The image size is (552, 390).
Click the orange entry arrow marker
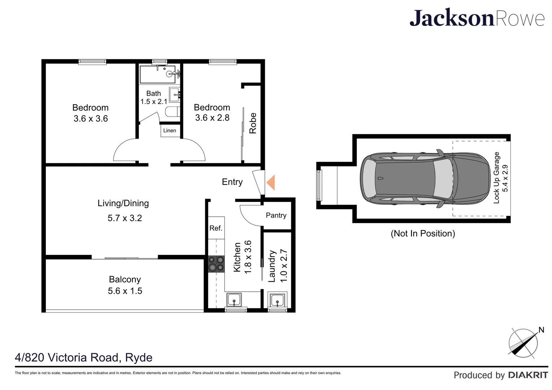click(271, 182)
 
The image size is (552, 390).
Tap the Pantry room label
click(276, 215)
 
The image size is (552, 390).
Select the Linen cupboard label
click(169, 130)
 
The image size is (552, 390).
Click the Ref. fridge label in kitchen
click(216, 228)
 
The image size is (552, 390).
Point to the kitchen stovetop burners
click(216, 264)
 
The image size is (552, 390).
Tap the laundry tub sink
click(277, 300)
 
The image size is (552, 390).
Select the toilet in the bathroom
click(173, 112)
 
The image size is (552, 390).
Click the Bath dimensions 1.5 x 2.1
click(154, 102)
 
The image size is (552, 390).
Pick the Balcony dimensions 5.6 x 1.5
click(125, 291)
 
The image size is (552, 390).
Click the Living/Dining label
click(123, 203)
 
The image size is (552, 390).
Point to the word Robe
click(253, 123)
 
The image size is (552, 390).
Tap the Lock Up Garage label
click(497, 178)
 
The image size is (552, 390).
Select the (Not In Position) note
click(423, 234)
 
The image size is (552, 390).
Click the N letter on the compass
click(541, 330)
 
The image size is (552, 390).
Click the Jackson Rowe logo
click(476, 18)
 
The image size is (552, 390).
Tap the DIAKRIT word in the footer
click(528, 375)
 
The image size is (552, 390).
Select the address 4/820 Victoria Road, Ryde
click(83, 357)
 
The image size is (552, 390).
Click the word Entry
click(232, 182)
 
